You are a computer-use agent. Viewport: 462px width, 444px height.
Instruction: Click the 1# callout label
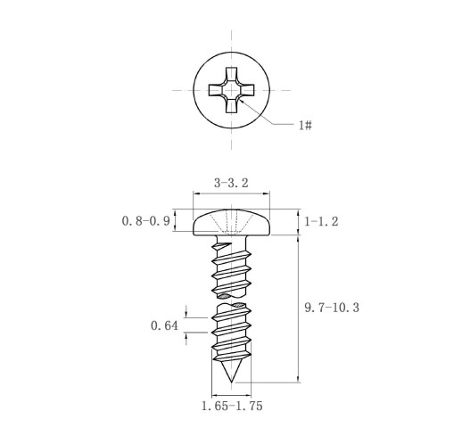(305, 125)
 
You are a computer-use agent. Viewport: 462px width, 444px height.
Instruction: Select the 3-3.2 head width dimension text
(231, 183)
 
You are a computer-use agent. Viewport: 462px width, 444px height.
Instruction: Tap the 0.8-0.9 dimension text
(145, 221)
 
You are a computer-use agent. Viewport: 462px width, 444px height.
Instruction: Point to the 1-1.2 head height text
(321, 221)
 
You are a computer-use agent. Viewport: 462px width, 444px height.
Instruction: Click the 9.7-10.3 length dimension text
(332, 308)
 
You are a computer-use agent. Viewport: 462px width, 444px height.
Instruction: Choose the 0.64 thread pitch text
(164, 325)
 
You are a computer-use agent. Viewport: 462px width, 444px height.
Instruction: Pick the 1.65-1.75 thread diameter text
(232, 406)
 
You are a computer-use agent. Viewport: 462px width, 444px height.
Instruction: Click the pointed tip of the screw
(231, 382)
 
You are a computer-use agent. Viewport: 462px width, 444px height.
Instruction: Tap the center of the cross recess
(231, 90)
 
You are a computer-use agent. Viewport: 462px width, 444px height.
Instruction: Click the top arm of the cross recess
(231, 74)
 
